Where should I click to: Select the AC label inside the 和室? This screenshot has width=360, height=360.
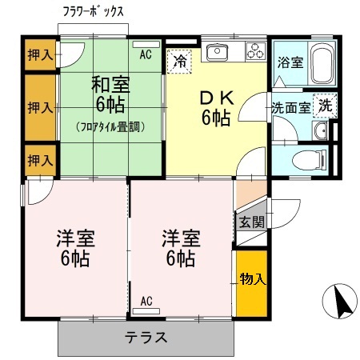click(146, 54)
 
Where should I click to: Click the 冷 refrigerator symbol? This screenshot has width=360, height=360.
click(181, 59)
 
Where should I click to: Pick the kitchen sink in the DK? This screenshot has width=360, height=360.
click(218, 53)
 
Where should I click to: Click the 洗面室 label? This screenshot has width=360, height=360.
click(290, 108)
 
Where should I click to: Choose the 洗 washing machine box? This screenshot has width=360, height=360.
click(326, 104)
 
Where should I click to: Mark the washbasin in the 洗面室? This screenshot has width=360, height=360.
click(322, 132)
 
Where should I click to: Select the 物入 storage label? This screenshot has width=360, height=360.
click(251, 279)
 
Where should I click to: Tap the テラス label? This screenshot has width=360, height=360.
click(146, 337)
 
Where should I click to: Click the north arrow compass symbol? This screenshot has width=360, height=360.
click(338, 302)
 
